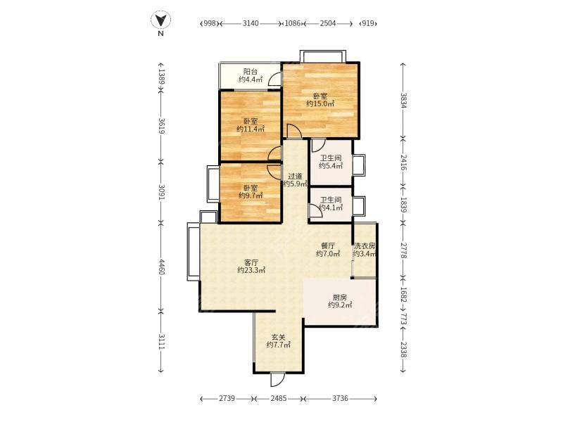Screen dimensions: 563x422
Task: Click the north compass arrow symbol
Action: (160, 20)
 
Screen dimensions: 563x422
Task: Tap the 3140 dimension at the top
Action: (251, 24)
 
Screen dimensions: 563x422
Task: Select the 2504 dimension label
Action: (328, 24)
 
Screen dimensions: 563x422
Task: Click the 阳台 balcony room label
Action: (251, 72)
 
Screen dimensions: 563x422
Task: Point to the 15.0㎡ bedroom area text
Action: (320, 104)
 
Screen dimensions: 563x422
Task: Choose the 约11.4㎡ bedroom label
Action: (251, 129)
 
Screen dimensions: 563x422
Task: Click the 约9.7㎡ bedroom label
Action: (251, 196)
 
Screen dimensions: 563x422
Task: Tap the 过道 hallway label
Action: (295, 177)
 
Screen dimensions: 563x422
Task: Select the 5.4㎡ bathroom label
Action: (330, 166)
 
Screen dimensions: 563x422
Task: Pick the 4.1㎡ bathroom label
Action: (330, 207)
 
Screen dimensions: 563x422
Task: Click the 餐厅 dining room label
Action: (328, 246)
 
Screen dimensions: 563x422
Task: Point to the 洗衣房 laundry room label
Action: (365, 246)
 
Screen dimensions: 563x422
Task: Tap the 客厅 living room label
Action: (251, 262)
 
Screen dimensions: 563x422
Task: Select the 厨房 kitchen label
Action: (340, 298)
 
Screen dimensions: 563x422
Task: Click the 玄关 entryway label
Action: (278, 338)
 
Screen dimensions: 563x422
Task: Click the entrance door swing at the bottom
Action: (277, 380)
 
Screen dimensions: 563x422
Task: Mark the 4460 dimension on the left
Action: (161, 267)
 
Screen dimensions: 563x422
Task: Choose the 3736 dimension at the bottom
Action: (340, 398)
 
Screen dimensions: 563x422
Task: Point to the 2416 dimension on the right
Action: (403, 162)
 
